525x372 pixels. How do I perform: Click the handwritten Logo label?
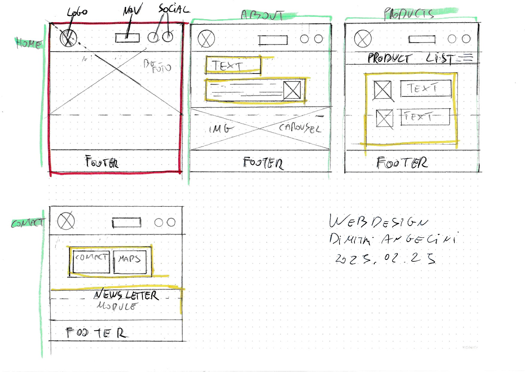[77, 12]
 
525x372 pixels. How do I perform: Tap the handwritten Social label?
[174, 9]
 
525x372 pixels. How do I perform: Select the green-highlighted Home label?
[28, 43]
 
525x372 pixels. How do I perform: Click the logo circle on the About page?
[206, 39]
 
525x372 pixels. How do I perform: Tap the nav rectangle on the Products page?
[422, 39]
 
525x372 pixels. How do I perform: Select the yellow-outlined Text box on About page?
[233, 65]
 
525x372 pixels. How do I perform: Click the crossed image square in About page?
[292, 90]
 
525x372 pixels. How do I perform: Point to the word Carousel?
[300, 128]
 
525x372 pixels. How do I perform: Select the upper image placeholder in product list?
[382, 90]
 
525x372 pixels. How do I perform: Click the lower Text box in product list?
[425, 117]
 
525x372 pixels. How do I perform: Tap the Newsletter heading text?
[126, 295]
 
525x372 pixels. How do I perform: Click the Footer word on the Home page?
[102, 162]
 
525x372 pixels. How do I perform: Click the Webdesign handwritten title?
[379, 222]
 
